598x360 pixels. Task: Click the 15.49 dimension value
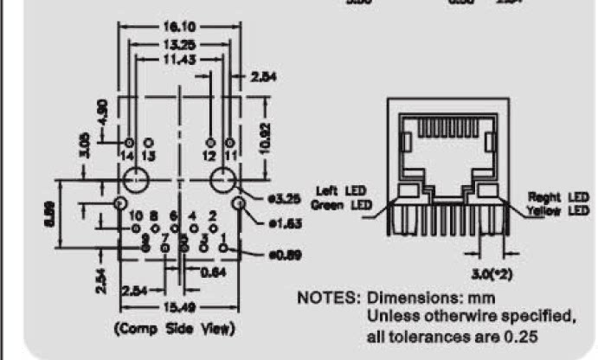[173, 307]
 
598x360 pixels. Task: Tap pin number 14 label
[128, 156]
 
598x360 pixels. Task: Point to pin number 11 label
[229, 156]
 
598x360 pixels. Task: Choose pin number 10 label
[135, 215]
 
